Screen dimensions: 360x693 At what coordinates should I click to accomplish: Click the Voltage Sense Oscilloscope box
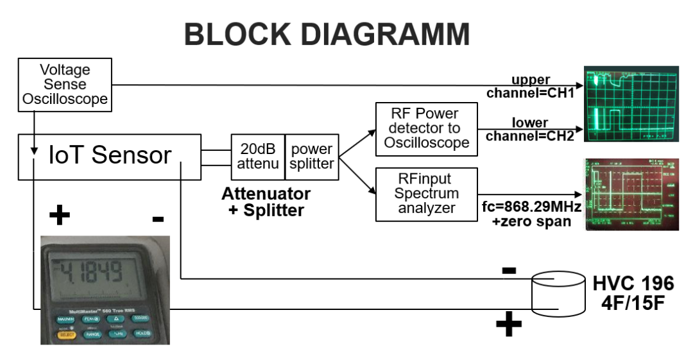click(x=65, y=84)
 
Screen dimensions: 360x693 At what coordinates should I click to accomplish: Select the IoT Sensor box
click(x=109, y=156)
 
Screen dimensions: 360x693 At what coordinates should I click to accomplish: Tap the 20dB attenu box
click(x=257, y=157)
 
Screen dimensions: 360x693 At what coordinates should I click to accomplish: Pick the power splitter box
click(x=312, y=157)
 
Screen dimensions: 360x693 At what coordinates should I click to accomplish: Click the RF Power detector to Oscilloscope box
click(x=427, y=128)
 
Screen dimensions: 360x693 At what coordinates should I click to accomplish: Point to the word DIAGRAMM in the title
click(x=386, y=33)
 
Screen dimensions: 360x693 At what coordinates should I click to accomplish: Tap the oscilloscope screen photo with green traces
click(x=631, y=103)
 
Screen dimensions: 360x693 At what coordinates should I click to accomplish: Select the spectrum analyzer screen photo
click(x=631, y=193)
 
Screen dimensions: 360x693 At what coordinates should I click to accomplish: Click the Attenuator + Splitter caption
click(x=266, y=201)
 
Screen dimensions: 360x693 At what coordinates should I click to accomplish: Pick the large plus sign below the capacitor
click(x=509, y=325)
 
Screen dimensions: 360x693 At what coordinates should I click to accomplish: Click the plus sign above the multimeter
click(x=60, y=215)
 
